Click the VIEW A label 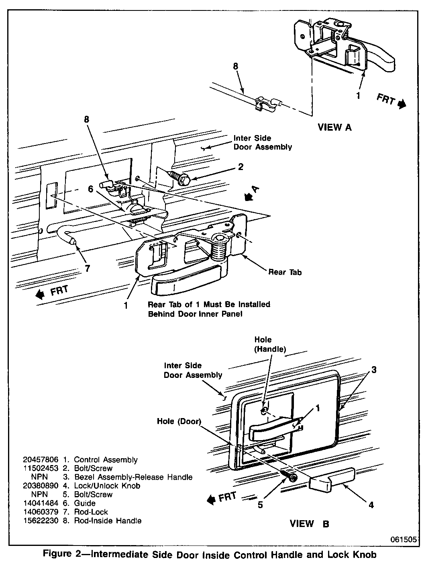pyautogui.click(x=334, y=127)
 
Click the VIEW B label pyautogui.click(x=309, y=524)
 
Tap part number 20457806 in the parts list pyautogui.click(x=41, y=459)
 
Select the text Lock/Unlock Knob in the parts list pyautogui.click(x=107, y=486)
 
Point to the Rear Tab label pyautogui.click(x=285, y=272)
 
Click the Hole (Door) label pyautogui.click(x=179, y=421)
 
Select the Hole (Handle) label pyautogui.click(x=270, y=345)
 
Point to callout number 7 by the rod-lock pyautogui.click(x=88, y=269)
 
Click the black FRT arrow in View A pyautogui.click(x=402, y=104)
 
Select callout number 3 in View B pyautogui.click(x=373, y=370)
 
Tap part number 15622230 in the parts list pyautogui.click(x=41, y=521)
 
